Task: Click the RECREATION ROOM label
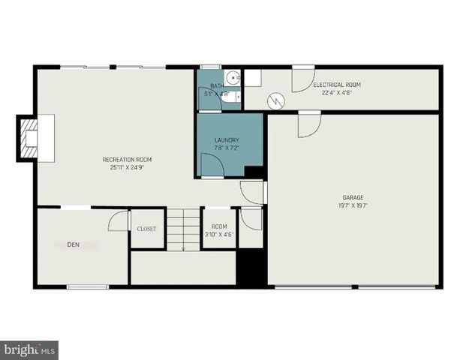[128, 159]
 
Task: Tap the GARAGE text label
[354, 197]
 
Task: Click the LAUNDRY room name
[226, 140]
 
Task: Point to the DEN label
[73, 244]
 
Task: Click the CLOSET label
[146, 229]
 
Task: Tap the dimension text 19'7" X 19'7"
[354, 205]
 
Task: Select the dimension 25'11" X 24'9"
[128, 166]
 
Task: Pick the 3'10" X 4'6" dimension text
[219, 234]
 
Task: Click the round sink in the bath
[233, 76]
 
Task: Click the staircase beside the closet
[182, 229]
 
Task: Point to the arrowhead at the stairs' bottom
[182, 248]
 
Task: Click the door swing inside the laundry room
[212, 169]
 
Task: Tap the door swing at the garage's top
[308, 125]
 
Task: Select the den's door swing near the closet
[119, 221]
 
